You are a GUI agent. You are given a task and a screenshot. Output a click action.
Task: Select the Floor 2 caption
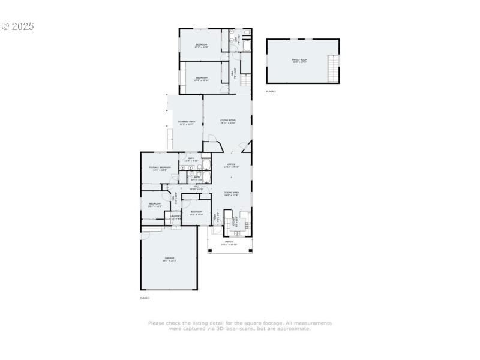tap(271, 91)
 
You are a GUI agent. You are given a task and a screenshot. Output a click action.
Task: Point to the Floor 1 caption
tap(145, 298)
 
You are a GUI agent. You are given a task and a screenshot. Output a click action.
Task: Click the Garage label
tap(168, 258)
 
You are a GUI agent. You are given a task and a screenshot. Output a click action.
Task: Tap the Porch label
tap(229, 242)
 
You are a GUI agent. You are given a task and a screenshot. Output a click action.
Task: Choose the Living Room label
tap(227, 121)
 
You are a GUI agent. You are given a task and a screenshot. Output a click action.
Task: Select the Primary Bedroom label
tap(160, 167)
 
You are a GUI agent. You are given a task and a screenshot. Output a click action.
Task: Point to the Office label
tap(231, 164)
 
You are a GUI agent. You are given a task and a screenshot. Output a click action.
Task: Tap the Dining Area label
tap(232, 192)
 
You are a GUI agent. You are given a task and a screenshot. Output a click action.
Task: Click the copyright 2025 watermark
tap(18, 26)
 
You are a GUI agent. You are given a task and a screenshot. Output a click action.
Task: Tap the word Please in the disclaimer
tap(156, 323)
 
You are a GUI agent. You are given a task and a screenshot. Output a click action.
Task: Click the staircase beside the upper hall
tap(245, 78)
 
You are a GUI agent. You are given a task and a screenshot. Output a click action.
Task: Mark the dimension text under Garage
tap(168, 261)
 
